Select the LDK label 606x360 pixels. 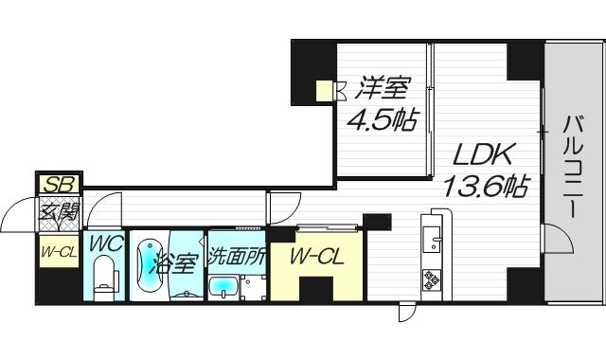(x=481, y=153)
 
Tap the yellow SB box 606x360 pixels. (x=59, y=184)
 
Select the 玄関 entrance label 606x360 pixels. (x=59, y=213)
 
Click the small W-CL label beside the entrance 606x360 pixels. (x=58, y=251)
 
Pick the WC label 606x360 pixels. (x=105, y=243)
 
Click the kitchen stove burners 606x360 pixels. (x=434, y=279)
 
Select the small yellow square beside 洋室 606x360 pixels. (x=324, y=92)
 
